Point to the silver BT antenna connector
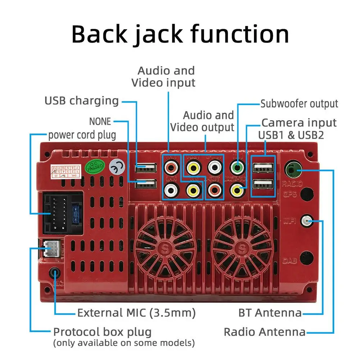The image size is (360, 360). click(x=307, y=221)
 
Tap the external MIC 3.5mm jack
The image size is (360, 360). click(x=55, y=273)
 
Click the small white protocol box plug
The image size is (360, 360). click(x=51, y=248)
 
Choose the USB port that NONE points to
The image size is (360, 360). click(x=146, y=185)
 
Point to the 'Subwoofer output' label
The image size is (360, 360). click(x=299, y=104)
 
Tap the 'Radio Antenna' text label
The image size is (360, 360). click(x=264, y=332)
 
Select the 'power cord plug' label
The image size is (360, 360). click(x=82, y=135)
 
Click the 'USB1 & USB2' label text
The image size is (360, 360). click(x=291, y=135)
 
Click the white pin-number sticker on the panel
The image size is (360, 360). click(x=66, y=171)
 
